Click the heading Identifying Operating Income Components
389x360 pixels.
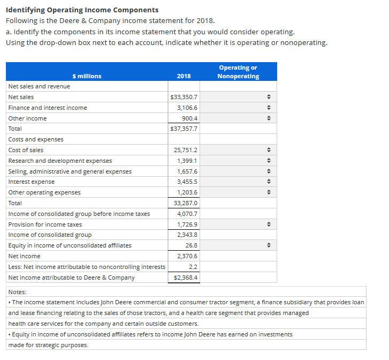[x=82, y=10]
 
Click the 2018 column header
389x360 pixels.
[x=184, y=76]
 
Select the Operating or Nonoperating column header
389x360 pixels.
[x=238, y=72]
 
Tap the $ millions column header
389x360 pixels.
[x=87, y=76]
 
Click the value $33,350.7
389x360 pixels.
[x=184, y=97]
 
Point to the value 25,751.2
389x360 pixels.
[x=186, y=150]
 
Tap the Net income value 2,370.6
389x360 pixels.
[x=187, y=256]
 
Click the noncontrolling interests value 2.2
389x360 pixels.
[x=193, y=267]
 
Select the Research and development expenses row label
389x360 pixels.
[x=60, y=161]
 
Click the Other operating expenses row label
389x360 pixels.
[x=44, y=192]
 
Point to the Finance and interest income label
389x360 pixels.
[x=48, y=108]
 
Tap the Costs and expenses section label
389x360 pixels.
[x=36, y=139]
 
